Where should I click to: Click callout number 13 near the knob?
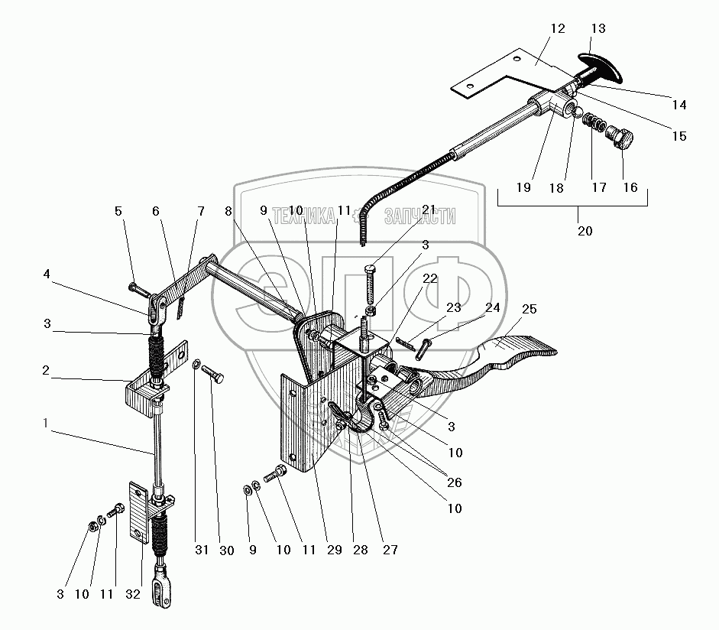click(x=598, y=29)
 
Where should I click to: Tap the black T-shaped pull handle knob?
click(x=601, y=67)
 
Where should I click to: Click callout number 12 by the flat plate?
click(x=557, y=29)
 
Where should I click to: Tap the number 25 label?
click(x=529, y=310)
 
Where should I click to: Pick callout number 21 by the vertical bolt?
click(x=428, y=210)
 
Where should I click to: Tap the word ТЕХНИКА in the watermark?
click(x=305, y=216)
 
